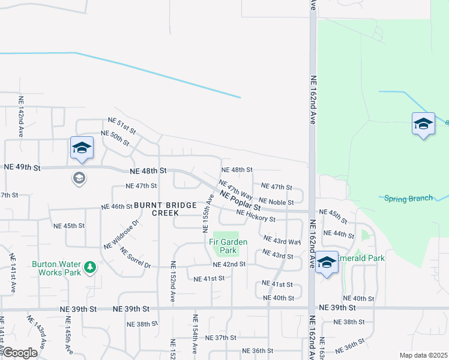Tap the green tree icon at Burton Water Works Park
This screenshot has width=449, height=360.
[x=89, y=266]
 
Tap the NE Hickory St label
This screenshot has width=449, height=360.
[x=256, y=216]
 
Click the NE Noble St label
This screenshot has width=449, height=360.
[x=276, y=202]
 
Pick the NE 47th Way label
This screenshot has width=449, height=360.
[x=235, y=189]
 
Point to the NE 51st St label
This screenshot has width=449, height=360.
[x=122, y=125]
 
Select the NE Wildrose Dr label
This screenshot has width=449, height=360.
[x=121, y=234]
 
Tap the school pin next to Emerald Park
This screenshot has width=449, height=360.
[x=327, y=262]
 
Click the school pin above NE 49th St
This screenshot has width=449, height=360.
[x=81, y=148]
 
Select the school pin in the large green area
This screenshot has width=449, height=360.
[x=423, y=124]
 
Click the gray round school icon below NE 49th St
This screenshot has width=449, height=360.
[x=79, y=178]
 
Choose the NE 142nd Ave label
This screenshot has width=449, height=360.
[x=21, y=116]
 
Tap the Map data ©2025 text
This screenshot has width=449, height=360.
[x=423, y=355]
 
